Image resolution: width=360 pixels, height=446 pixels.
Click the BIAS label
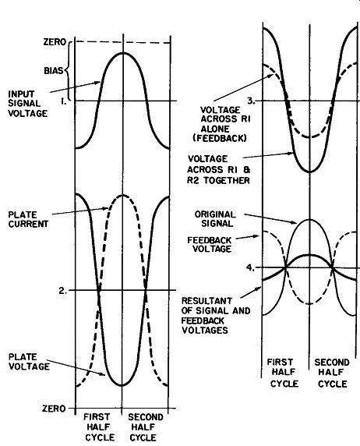pos(54,70)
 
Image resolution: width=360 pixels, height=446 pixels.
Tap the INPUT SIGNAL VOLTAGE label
pos(27,104)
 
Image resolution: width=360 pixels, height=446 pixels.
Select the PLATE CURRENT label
pos(28,219)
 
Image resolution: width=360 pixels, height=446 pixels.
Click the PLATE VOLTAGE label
pos(29,362)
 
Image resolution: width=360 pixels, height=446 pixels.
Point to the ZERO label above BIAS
pos(55,42)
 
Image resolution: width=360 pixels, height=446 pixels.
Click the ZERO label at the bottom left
pos(54,409)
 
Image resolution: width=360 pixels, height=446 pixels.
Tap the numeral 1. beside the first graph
pos(64,101)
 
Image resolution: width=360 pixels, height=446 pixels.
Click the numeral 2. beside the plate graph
pos(63,291)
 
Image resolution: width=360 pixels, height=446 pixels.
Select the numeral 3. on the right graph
pos(251,101)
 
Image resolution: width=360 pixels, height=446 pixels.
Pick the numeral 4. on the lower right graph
pos(250,267)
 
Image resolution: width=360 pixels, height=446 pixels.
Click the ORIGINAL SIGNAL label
pos(215,219)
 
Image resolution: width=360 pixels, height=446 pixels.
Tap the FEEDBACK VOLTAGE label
pos(210,244)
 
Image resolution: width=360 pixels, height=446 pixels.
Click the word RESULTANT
pos(206,301)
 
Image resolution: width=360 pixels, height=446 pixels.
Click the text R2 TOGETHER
pos(218,180)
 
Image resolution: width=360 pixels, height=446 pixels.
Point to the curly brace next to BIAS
pos(68,69)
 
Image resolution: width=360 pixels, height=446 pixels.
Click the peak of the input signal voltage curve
pos(122,53)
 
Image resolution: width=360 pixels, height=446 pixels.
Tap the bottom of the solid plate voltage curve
pos(122,385)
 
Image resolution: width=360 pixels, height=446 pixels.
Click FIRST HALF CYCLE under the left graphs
pos(99,427)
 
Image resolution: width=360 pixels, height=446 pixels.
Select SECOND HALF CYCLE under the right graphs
pos(332,373)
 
